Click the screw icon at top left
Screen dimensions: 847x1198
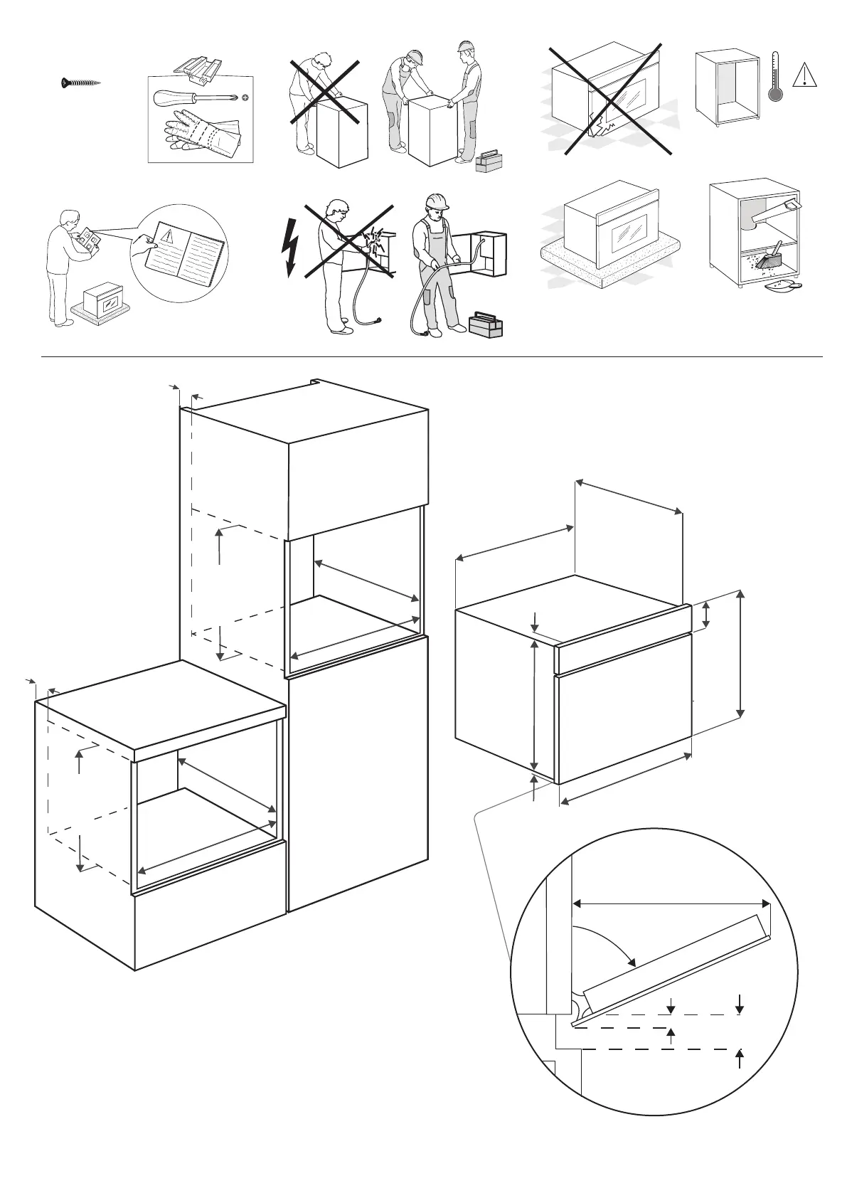coord(79,83)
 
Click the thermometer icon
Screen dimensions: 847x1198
coord(776,79)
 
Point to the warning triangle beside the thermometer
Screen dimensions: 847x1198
coord(804,74)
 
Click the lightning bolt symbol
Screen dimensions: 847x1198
coord(290,245)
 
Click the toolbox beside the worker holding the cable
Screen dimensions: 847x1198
coord(485,325)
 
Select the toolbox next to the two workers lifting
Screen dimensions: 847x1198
coord(488,161)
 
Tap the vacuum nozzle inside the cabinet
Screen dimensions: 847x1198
coord(771,210)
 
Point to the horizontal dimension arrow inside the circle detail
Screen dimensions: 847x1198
coord(671,903)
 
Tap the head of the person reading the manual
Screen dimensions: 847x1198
coord(68,218)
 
